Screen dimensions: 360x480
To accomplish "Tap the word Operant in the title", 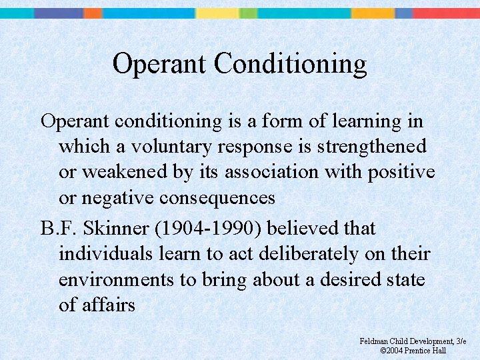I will pyautogui.click(x=160, y=64).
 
